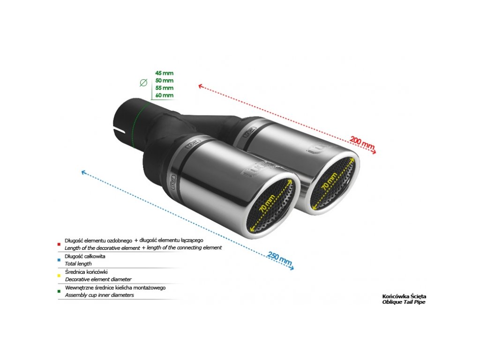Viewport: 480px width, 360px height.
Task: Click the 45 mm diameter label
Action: (x=164, y=73)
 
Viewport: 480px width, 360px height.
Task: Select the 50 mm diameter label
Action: (x=164, y=81)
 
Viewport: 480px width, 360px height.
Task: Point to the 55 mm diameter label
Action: (x=164, y=88)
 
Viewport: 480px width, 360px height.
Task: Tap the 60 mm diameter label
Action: (x=164, y=96)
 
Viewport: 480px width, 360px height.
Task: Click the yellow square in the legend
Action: (x=59, y=275)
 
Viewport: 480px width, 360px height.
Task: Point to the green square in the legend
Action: (x=59, y=291)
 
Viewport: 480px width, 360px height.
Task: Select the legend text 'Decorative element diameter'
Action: (x=98, y=279)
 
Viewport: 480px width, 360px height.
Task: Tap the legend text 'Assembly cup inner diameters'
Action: (x=99, y=295)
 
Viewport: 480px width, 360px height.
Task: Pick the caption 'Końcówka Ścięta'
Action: (x=404, y=296)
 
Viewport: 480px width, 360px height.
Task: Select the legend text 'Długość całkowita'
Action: (x=85, y=256)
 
